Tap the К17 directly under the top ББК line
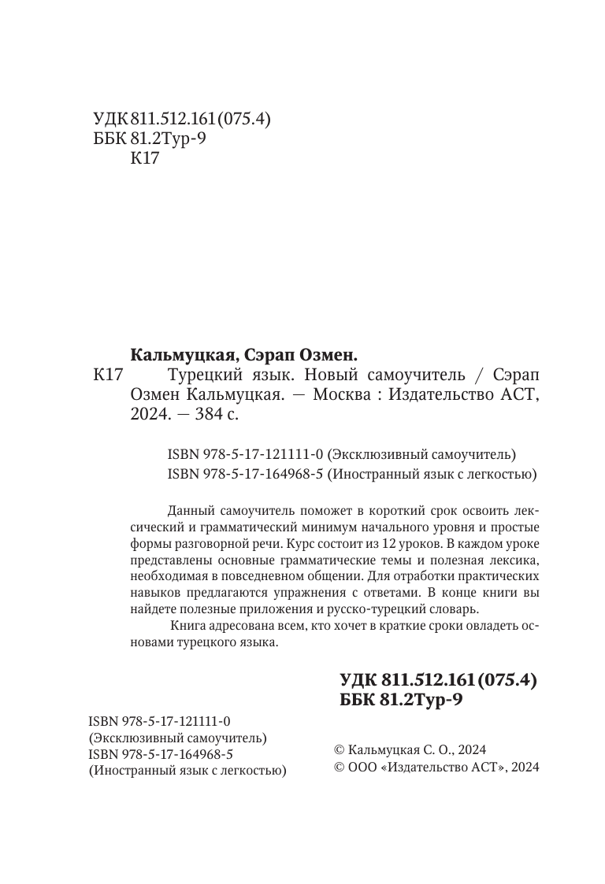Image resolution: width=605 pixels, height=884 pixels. click(x=143, y=158)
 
